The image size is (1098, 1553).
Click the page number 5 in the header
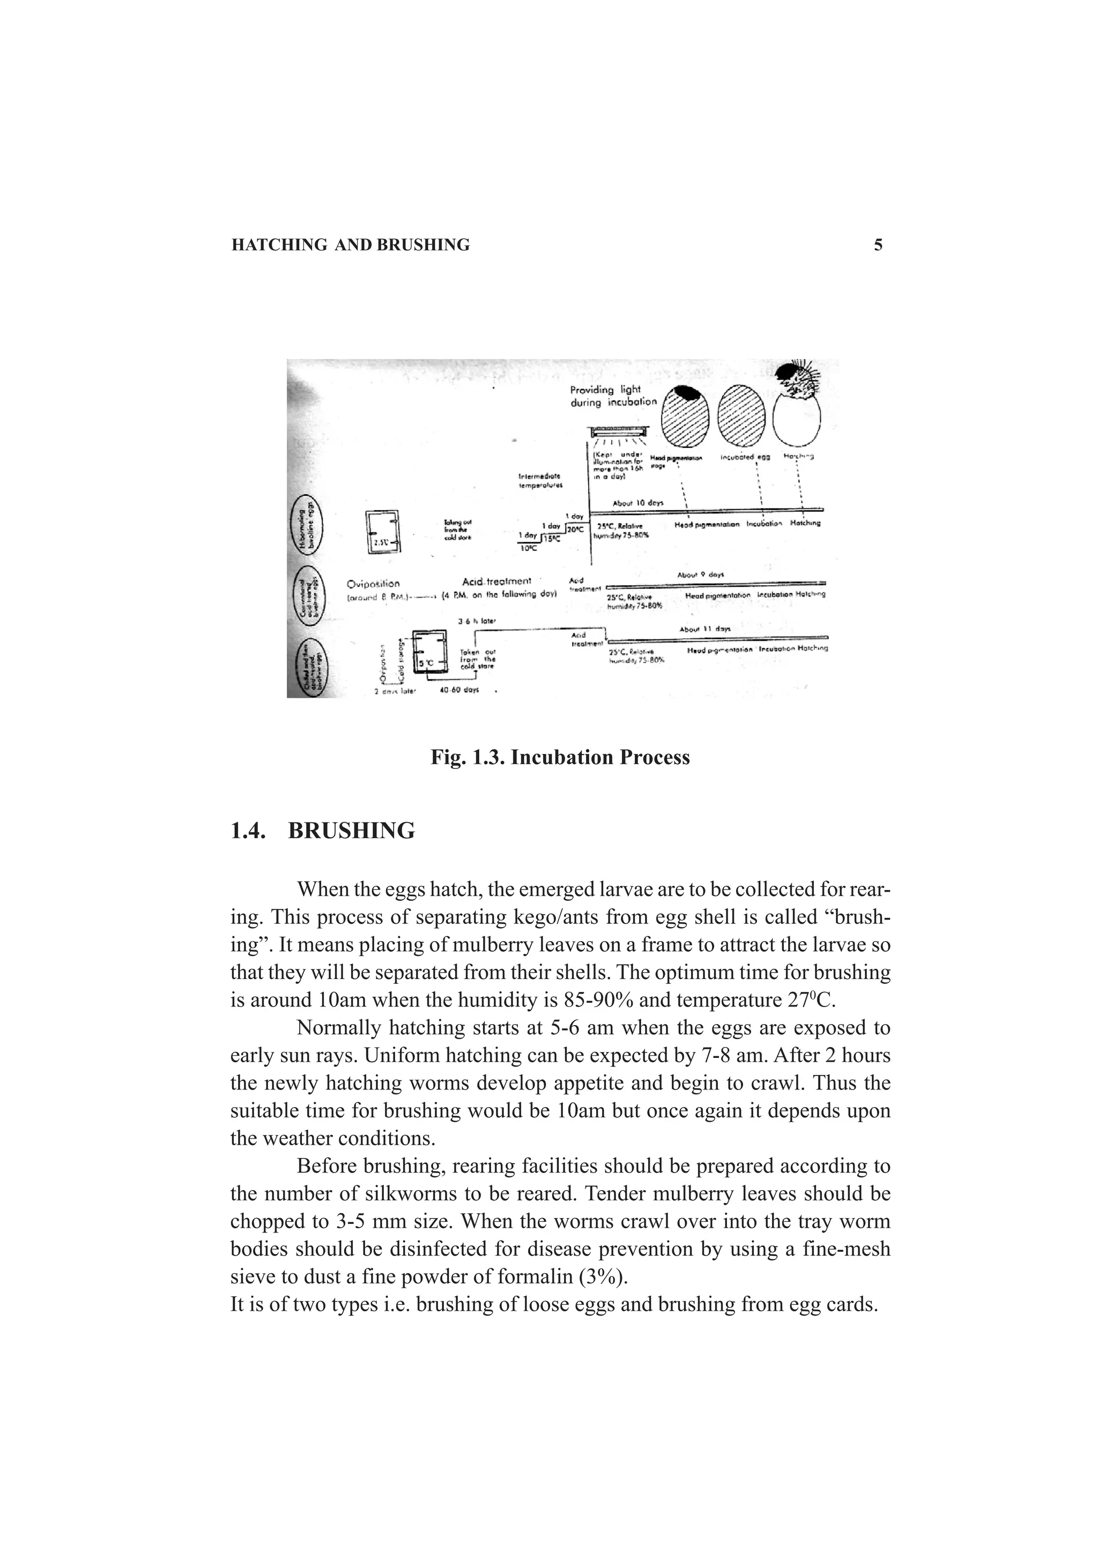pyautogui.click(x=878, y=245)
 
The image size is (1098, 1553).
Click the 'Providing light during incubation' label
pyautogui.click(x=613, y=395)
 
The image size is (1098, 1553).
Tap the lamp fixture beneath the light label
pyautogui.click(x=618, y=430)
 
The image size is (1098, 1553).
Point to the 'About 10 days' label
pyautogui.click(x=638, y=503)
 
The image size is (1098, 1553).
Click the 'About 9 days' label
pyautogui.click(x=701, y=574)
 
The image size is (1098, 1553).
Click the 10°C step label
pyautogui.click(x=529, y=549)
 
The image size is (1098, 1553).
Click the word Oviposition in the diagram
pyautogui.click(x=373, y=584)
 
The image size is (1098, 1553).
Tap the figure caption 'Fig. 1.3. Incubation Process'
pyautogui.click(x=560, y=757)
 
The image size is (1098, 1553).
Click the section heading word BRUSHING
pyautogui.click(x=351, y=831)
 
